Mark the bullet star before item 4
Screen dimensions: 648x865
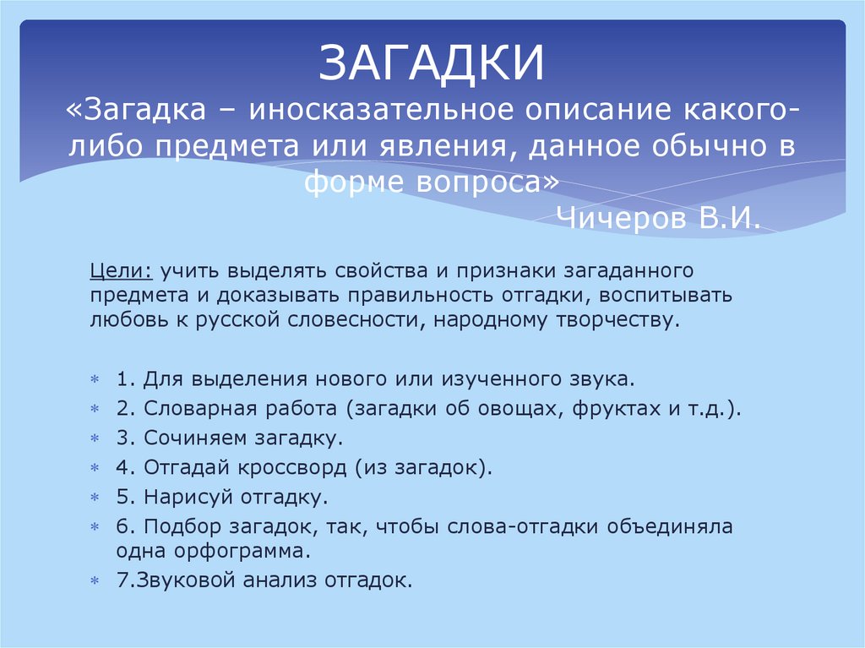(95, 467)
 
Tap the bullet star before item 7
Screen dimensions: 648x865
(95, 581)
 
